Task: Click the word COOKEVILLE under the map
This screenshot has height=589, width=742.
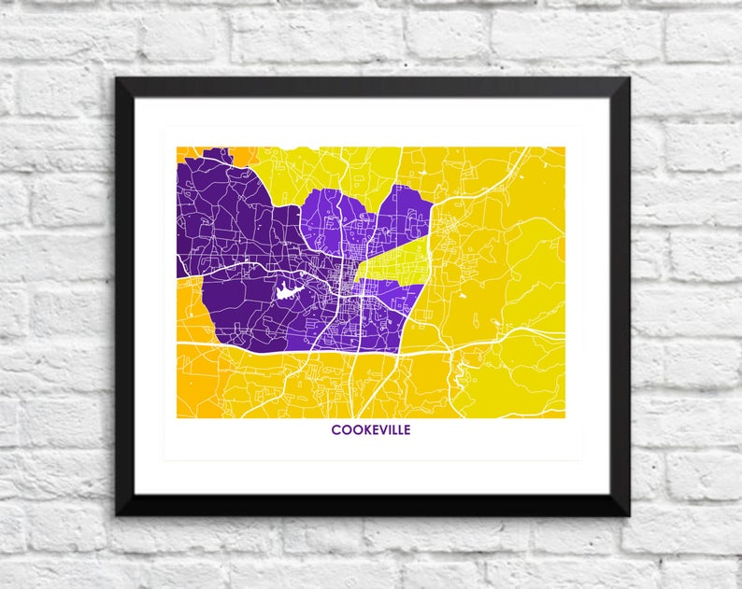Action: [x=370, y=430]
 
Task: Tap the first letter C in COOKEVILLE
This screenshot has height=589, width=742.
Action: [x=335, y=430]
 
